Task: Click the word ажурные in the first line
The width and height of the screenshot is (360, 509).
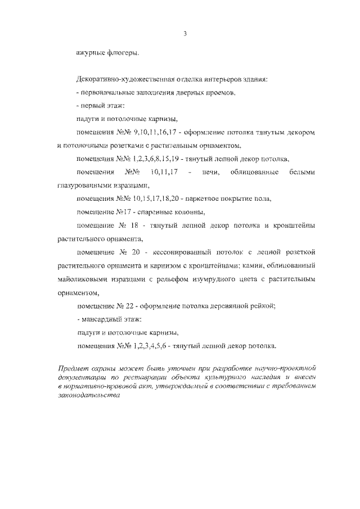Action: (90, 53)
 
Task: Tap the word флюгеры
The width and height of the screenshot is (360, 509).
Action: (121, 53)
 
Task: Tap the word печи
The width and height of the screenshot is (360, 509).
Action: (211, 172)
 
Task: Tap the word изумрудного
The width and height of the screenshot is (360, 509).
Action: (210, 280)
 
